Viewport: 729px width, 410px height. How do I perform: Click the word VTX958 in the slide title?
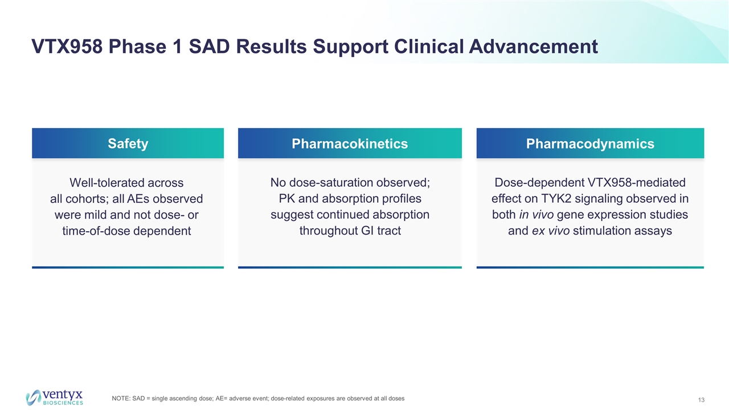[x=67, y=47]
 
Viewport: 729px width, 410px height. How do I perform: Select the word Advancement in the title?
[x=533, y=47]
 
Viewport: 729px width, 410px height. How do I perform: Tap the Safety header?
[x=128, y=143]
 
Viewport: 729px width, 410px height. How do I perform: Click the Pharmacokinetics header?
[x=350, y=143]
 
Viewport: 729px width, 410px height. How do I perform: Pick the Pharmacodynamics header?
[x=590, y=143]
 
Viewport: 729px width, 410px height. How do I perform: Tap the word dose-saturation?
[x=331, y=183]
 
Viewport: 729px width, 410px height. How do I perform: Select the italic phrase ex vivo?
[x=551, y=231]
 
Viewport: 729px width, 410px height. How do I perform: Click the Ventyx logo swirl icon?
[x=34, y=397]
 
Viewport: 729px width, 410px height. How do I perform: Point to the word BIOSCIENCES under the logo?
[x=63, y=403]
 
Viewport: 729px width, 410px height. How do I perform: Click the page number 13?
[x=701, y=400]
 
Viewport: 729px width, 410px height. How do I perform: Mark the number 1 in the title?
[x=177, y=47]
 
